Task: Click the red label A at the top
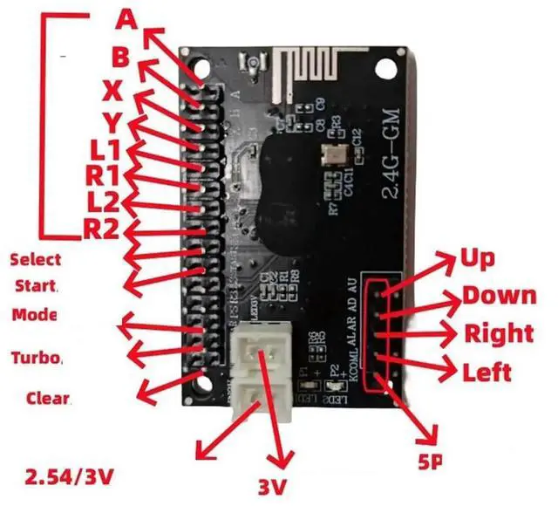[126, 17]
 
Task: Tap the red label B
[121, 58]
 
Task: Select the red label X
[112, 90]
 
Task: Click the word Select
[36, 259]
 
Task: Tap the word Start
[37, 286]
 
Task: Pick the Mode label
[35, 314]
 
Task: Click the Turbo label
[37, 358]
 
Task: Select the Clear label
[49, 398]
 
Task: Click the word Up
[477, 258]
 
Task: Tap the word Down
[499, 295]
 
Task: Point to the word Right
[498, 333]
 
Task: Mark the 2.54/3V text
[70, 477]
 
